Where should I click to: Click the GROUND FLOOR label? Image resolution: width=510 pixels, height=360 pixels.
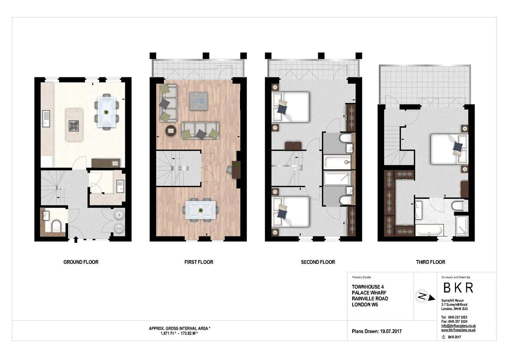(81, 262)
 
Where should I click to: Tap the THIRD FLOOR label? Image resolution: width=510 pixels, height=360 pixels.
(431, 262)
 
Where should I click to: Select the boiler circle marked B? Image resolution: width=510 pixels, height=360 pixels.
(119, 215)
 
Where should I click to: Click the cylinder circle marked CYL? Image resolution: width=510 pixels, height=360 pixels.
(119, 228)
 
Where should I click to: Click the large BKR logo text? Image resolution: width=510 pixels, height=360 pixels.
(458, 288)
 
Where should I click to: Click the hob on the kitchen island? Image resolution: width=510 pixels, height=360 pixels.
(74, 125)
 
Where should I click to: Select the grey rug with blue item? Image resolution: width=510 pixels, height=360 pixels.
(199, 101)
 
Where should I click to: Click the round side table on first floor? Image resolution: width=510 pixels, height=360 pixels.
(171, 131)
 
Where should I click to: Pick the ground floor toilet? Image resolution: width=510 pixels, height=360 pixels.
(56, 226)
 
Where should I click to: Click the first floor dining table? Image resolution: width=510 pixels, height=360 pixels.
(200, 210)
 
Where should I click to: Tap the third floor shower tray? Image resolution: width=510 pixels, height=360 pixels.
(462, 226)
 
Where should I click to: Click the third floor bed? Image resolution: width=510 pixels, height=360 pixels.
(449, 149)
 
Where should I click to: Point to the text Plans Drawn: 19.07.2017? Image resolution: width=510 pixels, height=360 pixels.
(377, 331)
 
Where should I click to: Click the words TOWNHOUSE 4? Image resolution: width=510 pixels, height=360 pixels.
(367, 287)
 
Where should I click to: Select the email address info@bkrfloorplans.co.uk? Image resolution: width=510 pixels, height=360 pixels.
(458, 326)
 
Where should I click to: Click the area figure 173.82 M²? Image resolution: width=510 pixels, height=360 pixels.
(189, 334)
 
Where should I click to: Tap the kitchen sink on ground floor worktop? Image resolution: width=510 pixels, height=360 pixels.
(46, 118)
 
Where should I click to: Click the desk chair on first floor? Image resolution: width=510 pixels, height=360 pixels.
(229, 170)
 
